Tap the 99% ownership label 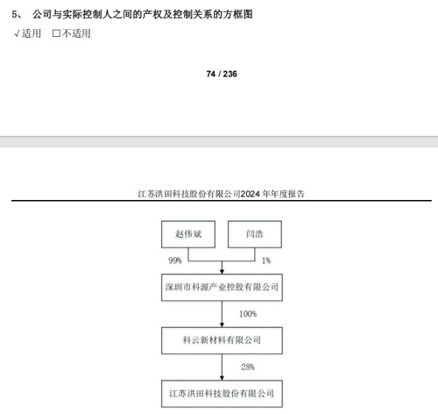tap(175, 261)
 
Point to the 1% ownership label tap(266, 261)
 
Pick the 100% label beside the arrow tap(248, 314)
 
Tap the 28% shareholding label tap(248, 367)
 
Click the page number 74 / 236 tap(222, 74)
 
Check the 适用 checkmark tap(17, 33)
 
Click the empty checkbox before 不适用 tap(56, 33)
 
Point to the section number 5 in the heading tap(15, 14)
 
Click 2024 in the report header tap(250, 194)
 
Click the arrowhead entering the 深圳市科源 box tap(222, 272)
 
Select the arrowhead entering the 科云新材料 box tap(222, 325)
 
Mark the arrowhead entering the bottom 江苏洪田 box tap(222, 378)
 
